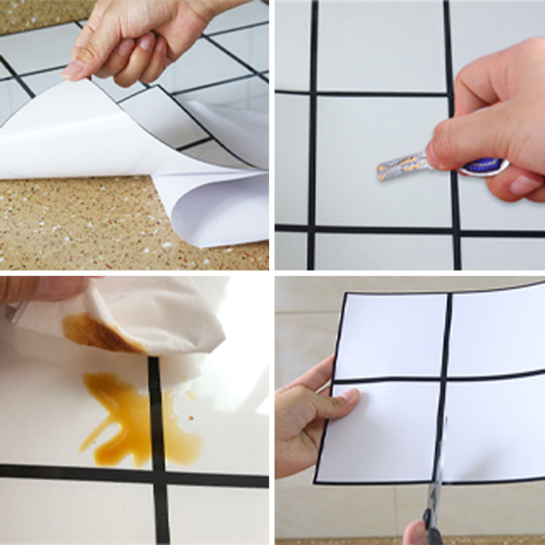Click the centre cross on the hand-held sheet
446,376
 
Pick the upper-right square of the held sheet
497,327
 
